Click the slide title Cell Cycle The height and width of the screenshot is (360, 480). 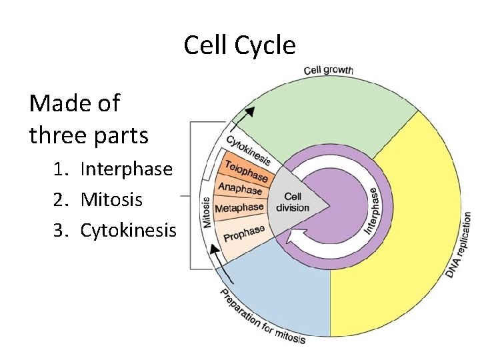click(x=239, y=45)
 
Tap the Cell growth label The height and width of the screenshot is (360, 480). click(x=329, y=70)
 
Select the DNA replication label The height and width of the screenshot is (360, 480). click(x=459, y=245)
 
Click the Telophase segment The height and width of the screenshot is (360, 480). click(x=246, y=171)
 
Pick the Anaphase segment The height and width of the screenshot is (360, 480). click(x=241, y=189)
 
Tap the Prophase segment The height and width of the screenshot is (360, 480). click(x=243, y=234)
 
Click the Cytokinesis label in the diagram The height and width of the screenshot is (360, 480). click(x=248, y=149)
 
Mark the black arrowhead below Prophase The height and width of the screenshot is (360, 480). click(x=215, y=251)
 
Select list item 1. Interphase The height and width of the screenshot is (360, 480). click(x=113, y=169)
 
